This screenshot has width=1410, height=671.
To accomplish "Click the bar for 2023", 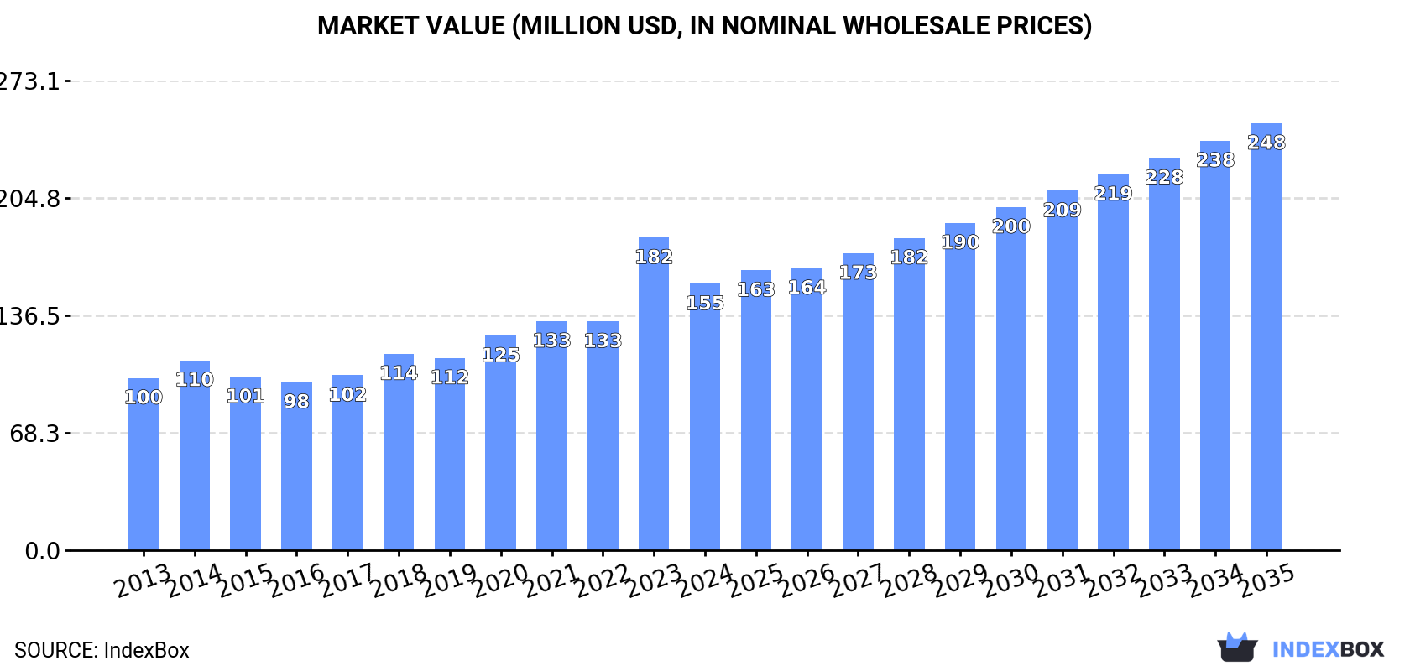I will click(653, 394).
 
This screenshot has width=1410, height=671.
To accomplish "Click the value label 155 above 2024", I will click(705, 303).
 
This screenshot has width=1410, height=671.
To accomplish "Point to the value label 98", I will click(296, 401).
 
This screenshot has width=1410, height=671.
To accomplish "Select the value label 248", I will click(1266, 143).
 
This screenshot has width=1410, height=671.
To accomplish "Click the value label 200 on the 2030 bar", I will click(1010, 226).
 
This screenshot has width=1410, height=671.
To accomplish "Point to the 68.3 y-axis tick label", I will click(34, 434).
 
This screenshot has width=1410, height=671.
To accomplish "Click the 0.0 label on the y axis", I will click(42, 551).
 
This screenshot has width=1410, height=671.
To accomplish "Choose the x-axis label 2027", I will click(858, 581).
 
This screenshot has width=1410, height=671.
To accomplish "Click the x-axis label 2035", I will click(1266, 581).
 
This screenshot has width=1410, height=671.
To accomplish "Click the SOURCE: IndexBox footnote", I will click(102, 650).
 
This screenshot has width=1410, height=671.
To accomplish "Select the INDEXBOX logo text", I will click(1328, 649).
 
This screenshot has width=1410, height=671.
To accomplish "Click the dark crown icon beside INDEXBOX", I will click(1237, 647).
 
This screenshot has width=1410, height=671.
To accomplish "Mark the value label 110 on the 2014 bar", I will click(195, 380).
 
